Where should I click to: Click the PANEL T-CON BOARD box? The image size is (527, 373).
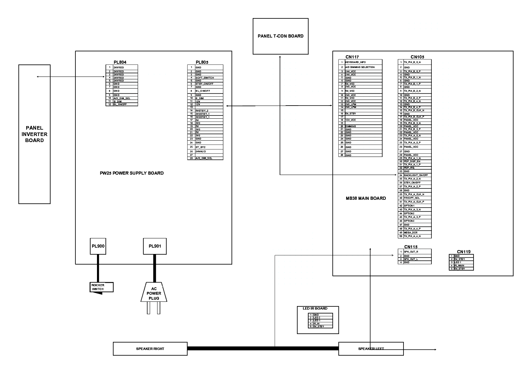pyautogui.click(x=280, y=36)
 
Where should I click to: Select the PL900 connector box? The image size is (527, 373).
pyautogui.click(x=98, y=246)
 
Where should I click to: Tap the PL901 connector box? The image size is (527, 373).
pyautogui.click(x=155, y=246)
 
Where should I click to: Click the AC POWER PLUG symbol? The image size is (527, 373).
pyautogui.click(x=154, y=293)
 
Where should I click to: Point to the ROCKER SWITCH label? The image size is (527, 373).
pyautogui.click(x=98, y=287)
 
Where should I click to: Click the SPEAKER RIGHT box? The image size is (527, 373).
pyautogui.click(x=150, y=349)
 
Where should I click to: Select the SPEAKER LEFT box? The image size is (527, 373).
pyautogui.click(x=371, y=349)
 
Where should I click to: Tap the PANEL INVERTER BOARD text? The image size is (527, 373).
pyautogui.click(x=34, y=134)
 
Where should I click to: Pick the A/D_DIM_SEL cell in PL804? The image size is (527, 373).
pyautogui.click(x=125, y=98)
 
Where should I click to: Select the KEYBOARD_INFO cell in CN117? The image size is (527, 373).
pyautogui.click(x=363, y=62)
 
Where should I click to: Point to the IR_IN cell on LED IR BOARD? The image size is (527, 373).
pyautogui.click(x=322, y=323)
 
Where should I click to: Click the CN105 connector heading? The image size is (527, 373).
pyautogui.click(x=417, y=57)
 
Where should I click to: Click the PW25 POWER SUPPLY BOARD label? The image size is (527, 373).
pyautogui.click(x=132, y=173)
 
